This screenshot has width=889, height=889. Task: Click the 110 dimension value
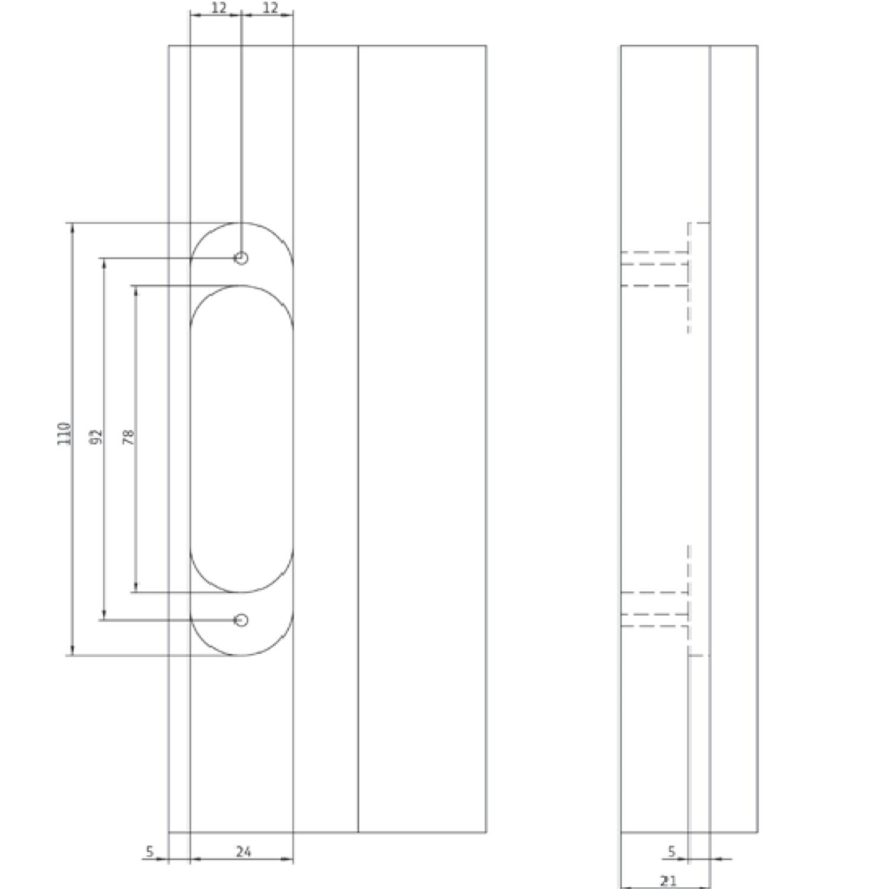[x=65, y=433]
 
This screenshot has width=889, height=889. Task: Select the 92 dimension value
[x=97, y=437]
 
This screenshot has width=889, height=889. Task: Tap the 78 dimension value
[x=128, y=437]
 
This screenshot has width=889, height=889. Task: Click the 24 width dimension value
[x=244, y=852]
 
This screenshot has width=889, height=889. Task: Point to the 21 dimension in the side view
[x=668, y=881]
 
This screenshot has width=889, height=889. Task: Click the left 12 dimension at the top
[x=219, y=8]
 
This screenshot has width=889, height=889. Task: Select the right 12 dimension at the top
[x=270, y=8]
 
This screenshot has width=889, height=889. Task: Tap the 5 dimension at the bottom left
[x=149, y=852]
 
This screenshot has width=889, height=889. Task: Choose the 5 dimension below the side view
[x=671, y=852]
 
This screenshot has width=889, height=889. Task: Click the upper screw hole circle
[x=241, y=258]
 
